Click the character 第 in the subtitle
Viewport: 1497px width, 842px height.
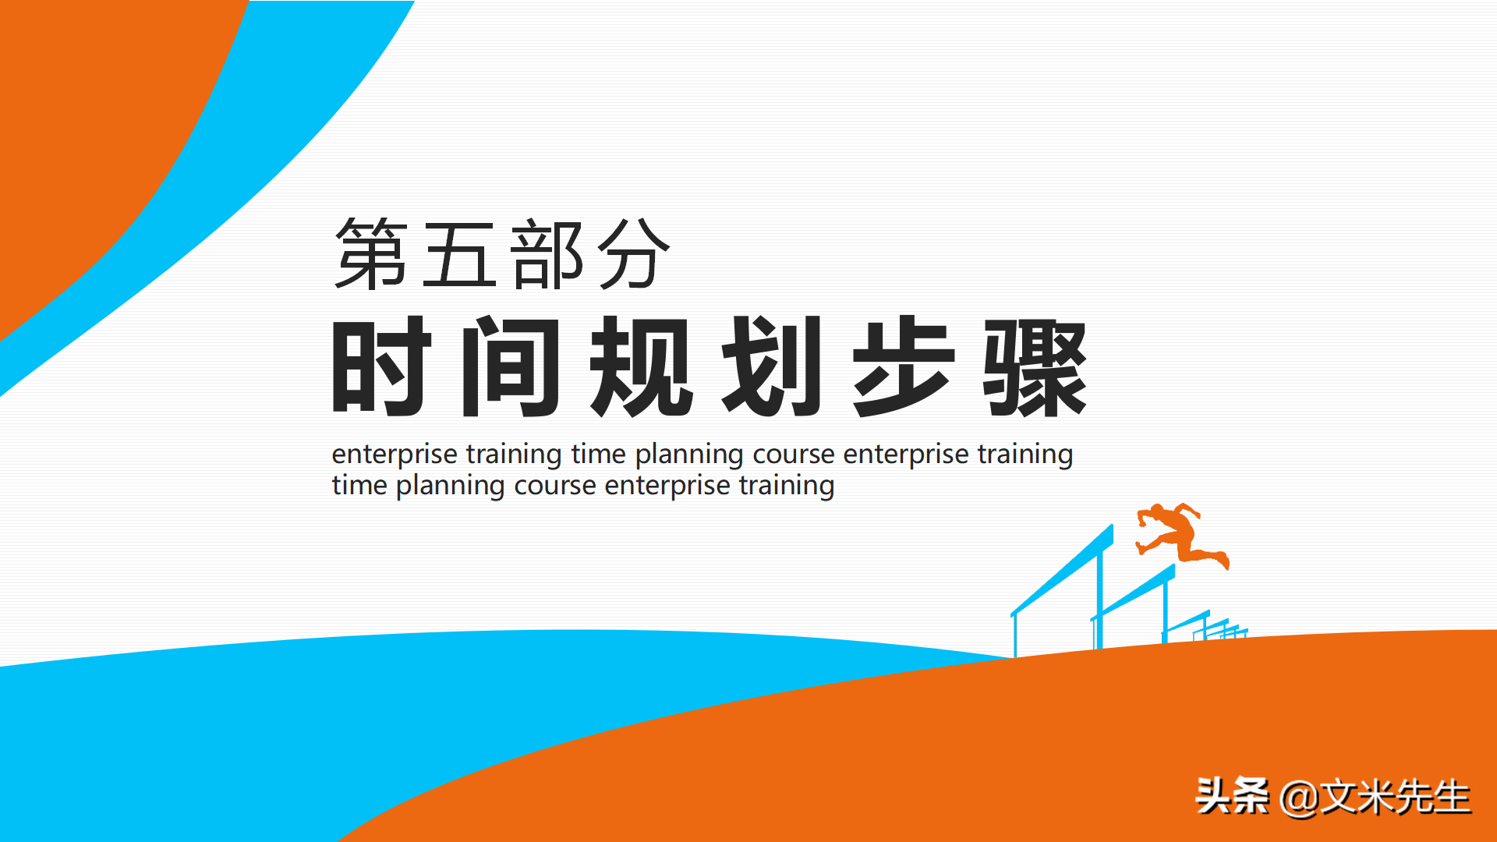click(371, 253)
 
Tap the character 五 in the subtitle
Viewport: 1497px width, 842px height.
click(459, 253)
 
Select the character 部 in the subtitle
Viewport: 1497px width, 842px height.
click(547, 253)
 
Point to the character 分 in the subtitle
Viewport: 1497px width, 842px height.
click(634, 253)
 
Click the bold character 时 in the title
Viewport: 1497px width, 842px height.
click(381, 366)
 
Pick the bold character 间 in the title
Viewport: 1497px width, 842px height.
click(511, 366)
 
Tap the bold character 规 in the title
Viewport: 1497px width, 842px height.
click(641, 366)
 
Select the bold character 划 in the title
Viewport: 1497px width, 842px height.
click(772, 366)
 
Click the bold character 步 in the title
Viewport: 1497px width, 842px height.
click(903, 366)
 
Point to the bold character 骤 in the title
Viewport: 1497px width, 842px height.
click(1035, 367)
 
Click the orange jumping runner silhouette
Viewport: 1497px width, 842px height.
click(1181, 534)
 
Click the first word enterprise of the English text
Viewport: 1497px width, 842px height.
click(395, 454)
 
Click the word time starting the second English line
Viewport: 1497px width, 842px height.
click(359, 485)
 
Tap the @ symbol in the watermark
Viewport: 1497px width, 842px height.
click(1299, 798)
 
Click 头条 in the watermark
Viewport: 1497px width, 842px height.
click(1233, 796)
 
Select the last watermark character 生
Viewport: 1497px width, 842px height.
click(1449, 797)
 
